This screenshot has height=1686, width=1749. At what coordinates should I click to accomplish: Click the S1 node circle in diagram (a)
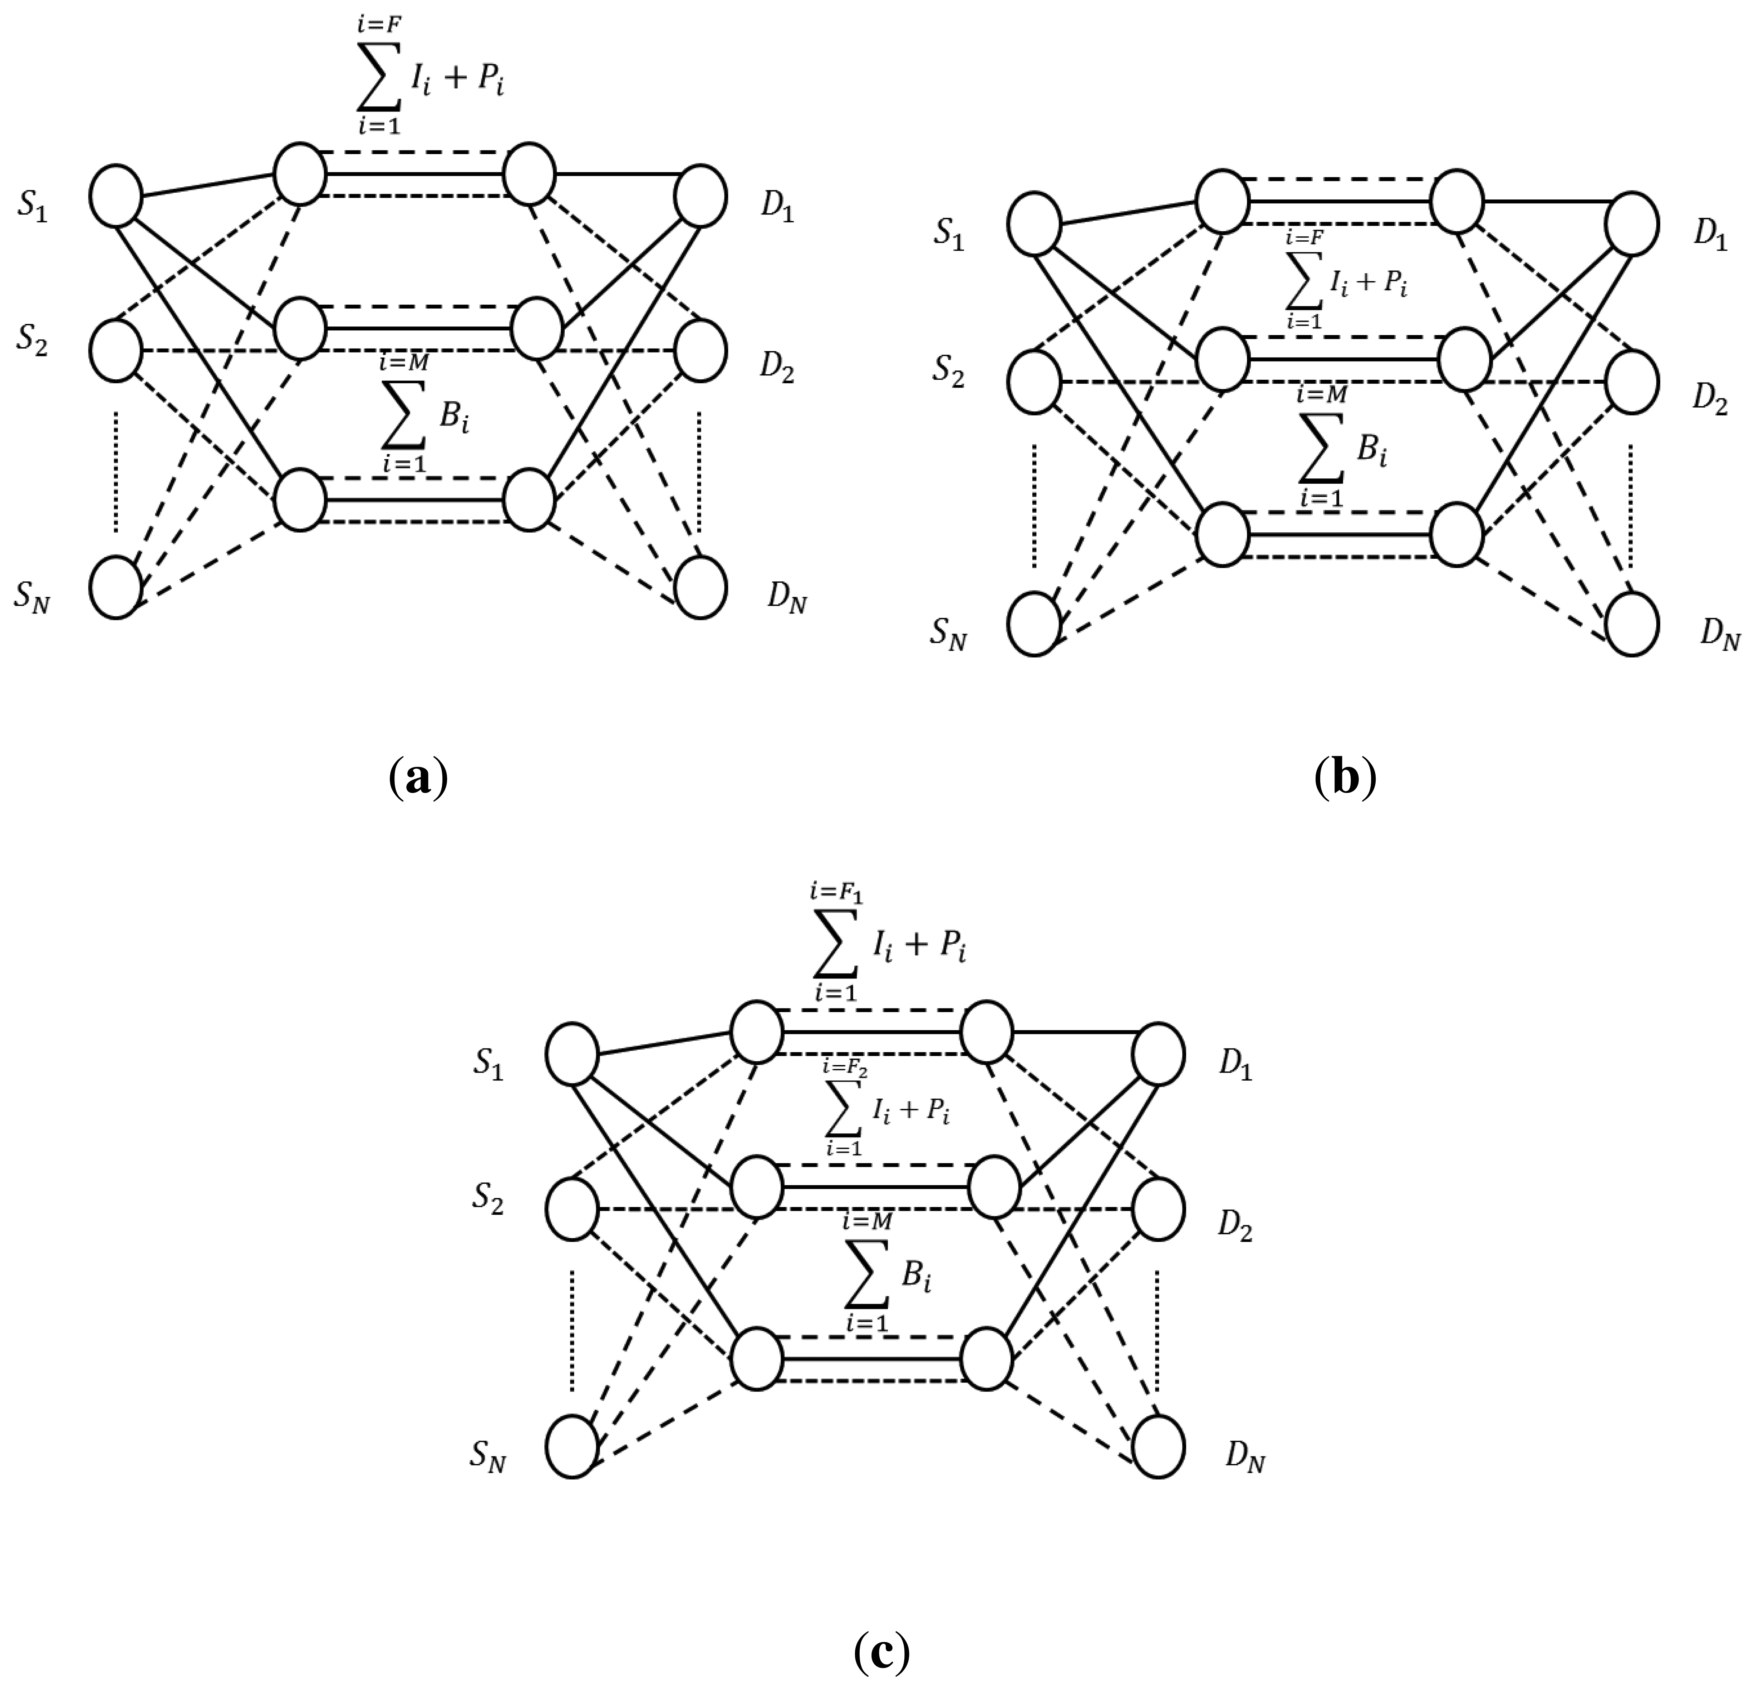tap(116, 196)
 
